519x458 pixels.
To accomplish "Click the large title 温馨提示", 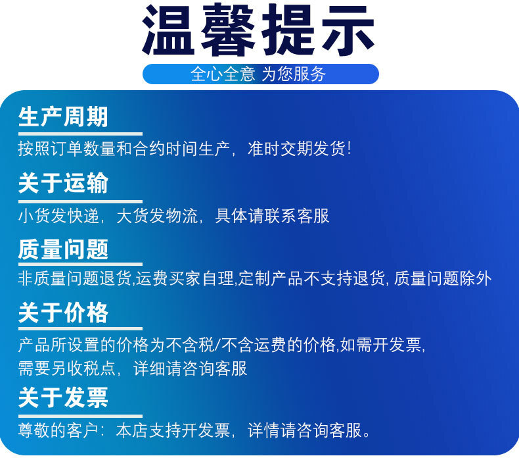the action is point(258,30).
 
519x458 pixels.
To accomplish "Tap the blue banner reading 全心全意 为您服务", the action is point(261,74).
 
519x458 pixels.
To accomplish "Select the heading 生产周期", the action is point(63,116).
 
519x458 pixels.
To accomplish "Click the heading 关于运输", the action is point(63,183).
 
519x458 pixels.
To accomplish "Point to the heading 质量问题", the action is point(63,249).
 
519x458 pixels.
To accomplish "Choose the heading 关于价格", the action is point(63,313).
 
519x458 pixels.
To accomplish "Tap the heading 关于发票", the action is point(63,397).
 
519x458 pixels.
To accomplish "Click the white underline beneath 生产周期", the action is point(80,134).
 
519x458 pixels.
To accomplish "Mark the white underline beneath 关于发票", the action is point(80,416).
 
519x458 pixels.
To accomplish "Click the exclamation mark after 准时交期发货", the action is point(349,148).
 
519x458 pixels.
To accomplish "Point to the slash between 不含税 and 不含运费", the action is point(217,345).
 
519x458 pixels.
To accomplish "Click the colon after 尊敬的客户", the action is point(102,431).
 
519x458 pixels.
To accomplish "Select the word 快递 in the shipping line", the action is point(83,216).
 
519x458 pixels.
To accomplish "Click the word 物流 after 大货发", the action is point(181,216).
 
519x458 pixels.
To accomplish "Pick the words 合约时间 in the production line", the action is point(166,148).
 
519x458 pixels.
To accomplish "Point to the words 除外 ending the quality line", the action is point(476,278).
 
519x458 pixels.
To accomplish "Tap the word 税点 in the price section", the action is point(99,369).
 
